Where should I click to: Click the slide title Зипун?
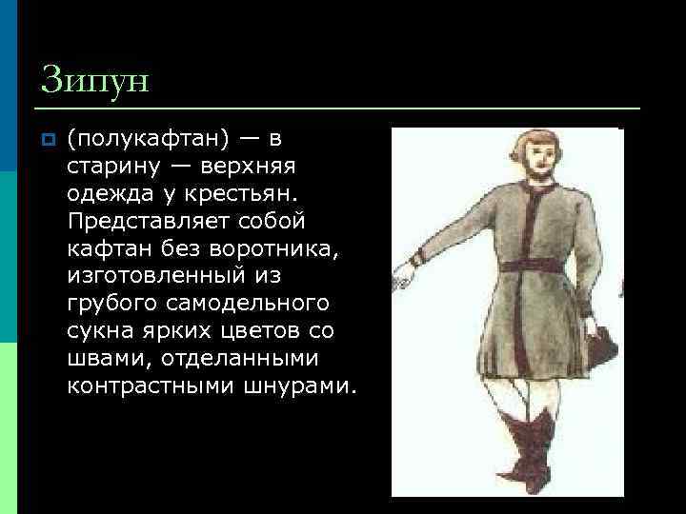(95, 79)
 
